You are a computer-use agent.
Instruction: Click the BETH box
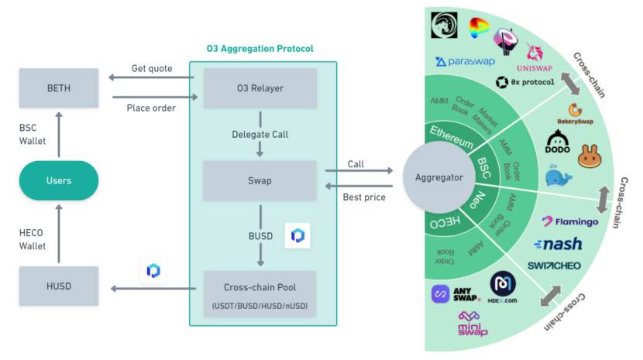click(59, 88)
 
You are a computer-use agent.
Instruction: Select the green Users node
click(59, 180)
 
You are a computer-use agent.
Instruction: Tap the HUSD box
click(59, 286)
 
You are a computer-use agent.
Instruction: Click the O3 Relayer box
click(260, 88)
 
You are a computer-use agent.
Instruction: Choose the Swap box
click(260, 180)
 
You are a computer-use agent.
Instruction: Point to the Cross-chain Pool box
click(260, 291)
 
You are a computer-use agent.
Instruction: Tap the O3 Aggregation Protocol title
click(260, 48)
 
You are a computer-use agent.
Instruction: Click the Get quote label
click(150, 68)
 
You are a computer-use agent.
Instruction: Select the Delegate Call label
click(260, 134)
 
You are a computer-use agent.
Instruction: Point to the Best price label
click(363, 197)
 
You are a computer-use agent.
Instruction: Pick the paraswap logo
click(465, 61)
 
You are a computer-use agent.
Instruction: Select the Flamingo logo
click(569, 221)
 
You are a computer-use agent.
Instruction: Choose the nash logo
click(558, 245)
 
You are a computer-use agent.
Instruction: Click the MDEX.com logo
click(503, 287)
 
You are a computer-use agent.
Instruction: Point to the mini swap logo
click(473, 324)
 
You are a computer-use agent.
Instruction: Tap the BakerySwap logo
click(575, 115)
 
